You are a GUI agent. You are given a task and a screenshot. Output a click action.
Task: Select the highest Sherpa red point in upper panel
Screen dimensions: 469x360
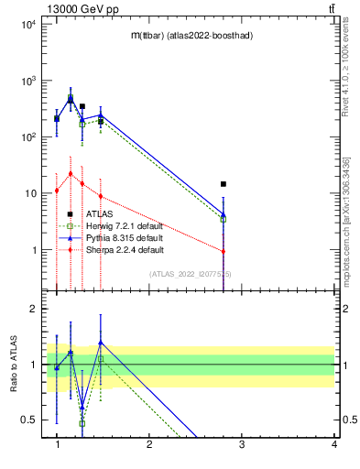click(x=71, y=173)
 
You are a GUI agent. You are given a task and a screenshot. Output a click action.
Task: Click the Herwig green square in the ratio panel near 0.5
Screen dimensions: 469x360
click(x=82, y=423)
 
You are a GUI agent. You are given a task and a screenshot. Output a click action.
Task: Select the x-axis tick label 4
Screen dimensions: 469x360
click(x=334, y=444)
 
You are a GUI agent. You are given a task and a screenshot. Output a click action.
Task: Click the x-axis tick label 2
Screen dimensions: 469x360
click(x=149, y=444)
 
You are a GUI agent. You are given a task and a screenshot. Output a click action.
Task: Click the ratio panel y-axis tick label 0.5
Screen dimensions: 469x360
click(x=29, y=420)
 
